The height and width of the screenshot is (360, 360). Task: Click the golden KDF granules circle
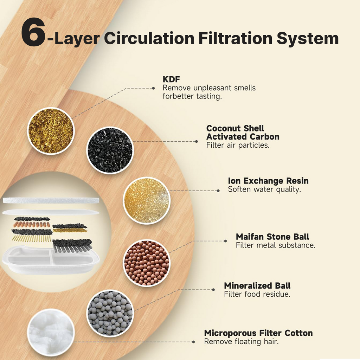pos(51,131)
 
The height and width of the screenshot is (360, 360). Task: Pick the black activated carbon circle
pos(110,150)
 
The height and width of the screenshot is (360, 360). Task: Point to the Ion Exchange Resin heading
pos(268,181)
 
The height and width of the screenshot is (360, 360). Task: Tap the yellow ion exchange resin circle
pos(147,200)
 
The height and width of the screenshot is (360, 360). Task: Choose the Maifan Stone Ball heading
pos(272,237)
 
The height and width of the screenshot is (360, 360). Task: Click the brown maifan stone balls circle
pos(147,263)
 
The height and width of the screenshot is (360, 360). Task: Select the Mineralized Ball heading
pos(257,285)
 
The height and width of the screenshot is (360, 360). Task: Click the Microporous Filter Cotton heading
pos(258,333)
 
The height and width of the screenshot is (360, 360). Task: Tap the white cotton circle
pos(50,332)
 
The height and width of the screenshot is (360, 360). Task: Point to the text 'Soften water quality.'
pos(264,189)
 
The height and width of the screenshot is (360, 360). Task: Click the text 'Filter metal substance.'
pos(276,245)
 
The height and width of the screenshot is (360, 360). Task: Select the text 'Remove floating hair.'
pos(241,341)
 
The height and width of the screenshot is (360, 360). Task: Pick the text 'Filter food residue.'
pos(257,294)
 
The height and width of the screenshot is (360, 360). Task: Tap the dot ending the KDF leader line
pos(153,88)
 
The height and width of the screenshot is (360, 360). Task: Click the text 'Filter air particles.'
pos(238,145)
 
